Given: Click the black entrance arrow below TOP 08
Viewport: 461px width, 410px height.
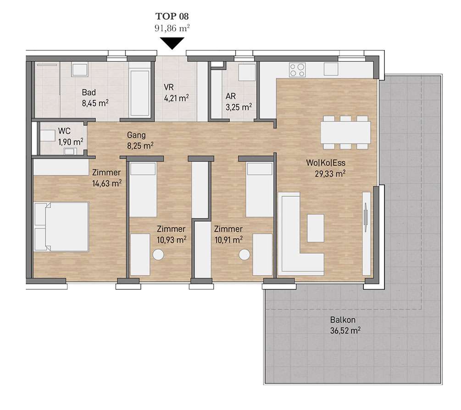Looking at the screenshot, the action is tap(172, 43).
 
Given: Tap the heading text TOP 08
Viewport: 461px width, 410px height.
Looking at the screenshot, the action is tap(172, 16).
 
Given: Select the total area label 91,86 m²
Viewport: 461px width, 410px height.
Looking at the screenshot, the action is tap(172, 28).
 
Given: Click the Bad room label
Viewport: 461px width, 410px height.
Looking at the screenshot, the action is tap(89, 92).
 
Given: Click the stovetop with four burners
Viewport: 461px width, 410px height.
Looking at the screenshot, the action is tap(297, 70).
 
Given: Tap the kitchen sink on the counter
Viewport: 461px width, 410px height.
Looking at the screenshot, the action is tap(331, 69).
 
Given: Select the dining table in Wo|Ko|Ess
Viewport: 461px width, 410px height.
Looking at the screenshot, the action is tap(345, 132).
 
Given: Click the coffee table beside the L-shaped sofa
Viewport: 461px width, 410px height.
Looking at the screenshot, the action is tap(316, 228).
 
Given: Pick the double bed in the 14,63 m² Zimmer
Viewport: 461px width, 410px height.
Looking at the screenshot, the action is tap(61, 227).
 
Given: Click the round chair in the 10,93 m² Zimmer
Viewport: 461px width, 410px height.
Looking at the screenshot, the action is tap(158, 255).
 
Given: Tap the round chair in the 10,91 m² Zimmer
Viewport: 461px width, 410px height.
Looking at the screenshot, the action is tap(244, 255).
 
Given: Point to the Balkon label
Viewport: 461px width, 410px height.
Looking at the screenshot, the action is tap(343, 320).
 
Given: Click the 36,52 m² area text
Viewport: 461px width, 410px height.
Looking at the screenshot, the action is tap(345, 331).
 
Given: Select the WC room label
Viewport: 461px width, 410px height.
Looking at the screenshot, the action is tap(64, 131).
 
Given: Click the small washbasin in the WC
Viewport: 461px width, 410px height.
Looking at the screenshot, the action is tap(70, 152).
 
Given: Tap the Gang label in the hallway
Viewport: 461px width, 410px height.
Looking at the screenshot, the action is tap(136, 135).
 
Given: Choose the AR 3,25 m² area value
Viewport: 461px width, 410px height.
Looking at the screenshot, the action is tap(239, 107).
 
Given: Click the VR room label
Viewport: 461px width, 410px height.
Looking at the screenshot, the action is tap(169, 87).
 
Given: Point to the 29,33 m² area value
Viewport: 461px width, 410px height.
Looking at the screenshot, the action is tap(330, 174).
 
